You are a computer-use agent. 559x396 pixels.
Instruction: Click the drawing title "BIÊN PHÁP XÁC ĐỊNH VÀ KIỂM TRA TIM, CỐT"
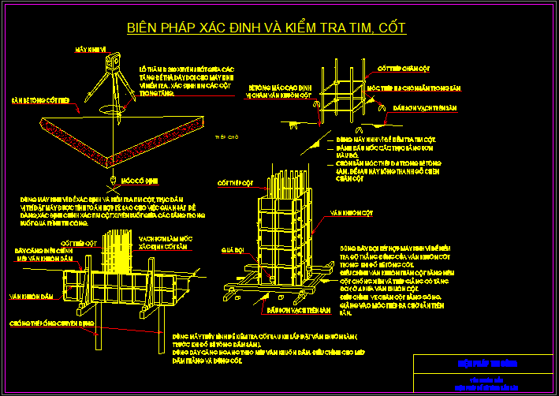[x=266, y=28]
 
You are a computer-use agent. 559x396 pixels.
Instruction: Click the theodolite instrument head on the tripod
[x=113, y=59]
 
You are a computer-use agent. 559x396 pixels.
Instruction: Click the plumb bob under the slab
[x=114, y=181]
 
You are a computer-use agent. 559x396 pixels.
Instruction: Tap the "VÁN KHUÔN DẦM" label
[x=25, y=297]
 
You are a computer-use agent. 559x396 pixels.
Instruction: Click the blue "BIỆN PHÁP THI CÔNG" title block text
[x=483, y=364]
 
